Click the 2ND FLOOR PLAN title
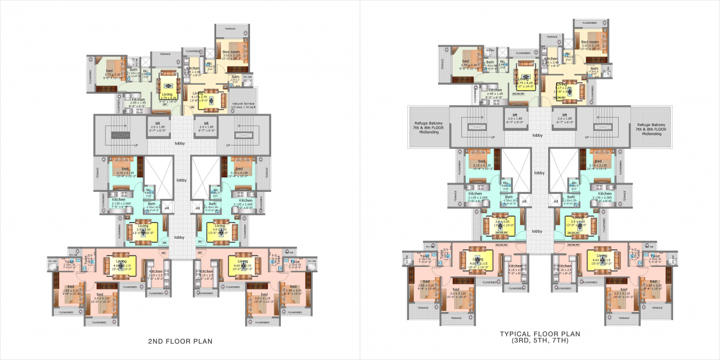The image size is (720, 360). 180,341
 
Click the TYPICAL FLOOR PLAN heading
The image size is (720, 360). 539,334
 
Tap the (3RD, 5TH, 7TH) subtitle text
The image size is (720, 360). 539,341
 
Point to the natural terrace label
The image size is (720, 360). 244,103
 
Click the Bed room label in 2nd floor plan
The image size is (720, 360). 231,52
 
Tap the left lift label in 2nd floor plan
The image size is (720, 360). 158,123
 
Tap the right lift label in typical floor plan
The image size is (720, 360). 565,115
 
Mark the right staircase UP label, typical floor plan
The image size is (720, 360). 583,137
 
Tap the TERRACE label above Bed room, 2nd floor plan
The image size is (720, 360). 231,29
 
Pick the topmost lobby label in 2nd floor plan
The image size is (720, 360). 179,143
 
